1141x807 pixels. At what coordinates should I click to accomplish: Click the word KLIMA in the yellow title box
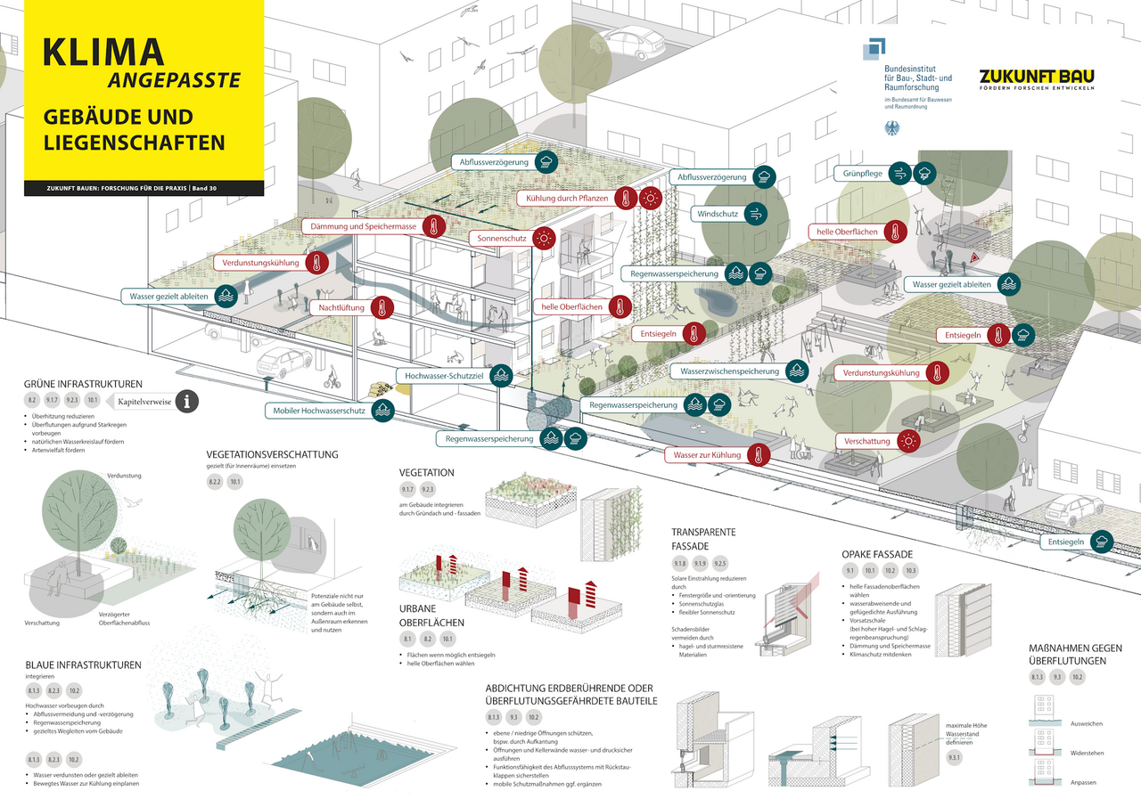(103, 53)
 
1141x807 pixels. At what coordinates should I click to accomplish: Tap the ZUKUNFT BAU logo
(1036, 77)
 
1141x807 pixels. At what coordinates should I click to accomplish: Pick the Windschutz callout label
(717, 214)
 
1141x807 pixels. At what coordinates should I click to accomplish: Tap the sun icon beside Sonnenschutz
(544, 239)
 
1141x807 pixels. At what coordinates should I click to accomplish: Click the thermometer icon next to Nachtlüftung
(382, 308)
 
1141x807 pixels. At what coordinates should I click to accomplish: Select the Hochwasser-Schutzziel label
(443, 376)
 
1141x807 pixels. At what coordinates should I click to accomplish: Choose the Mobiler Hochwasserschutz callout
(316, 411)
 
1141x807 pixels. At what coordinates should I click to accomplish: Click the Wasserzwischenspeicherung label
(729, 371)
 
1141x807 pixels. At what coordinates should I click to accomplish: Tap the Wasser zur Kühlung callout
(708, 455)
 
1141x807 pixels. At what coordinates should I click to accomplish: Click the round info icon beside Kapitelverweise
(186, 402)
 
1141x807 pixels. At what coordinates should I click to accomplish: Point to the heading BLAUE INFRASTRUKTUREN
(83, 664)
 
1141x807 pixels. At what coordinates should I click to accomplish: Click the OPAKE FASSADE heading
(877, 554)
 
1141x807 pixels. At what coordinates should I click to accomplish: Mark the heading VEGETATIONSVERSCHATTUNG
(272, 454)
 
